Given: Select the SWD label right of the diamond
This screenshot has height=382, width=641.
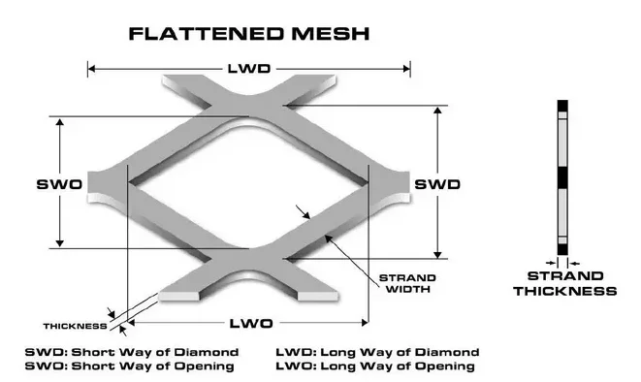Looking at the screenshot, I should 436,183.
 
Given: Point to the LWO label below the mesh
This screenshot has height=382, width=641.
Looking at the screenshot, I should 247,322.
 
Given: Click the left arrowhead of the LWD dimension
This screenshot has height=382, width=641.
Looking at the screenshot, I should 92,68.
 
